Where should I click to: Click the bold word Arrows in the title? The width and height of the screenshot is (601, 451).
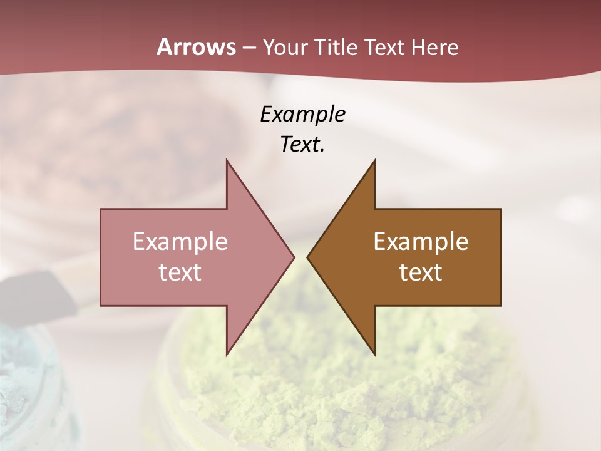coord(196,47)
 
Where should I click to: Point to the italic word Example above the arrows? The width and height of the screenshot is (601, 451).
coord(302,114)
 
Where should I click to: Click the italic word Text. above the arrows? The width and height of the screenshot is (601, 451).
coord(302,144)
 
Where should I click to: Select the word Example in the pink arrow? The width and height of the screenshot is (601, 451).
coord(180,242)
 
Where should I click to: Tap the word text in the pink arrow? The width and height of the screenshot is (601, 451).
coord(180,272)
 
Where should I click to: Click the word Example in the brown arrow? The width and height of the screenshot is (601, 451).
coord(421,242)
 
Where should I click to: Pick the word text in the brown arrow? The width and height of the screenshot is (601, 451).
coord(421,272)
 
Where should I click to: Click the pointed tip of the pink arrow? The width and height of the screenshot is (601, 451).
coord(293,257)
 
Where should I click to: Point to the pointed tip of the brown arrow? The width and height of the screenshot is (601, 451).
coord(308,257)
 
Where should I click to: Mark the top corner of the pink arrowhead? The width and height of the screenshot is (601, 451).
coord(227,160)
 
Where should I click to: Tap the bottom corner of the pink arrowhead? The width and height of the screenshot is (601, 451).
coord(227,354)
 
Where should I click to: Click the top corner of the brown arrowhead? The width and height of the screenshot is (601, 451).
coord(374,160)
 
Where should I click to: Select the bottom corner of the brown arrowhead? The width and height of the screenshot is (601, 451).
coord(374,354)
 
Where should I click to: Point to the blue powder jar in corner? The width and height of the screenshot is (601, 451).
coord(25,388)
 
